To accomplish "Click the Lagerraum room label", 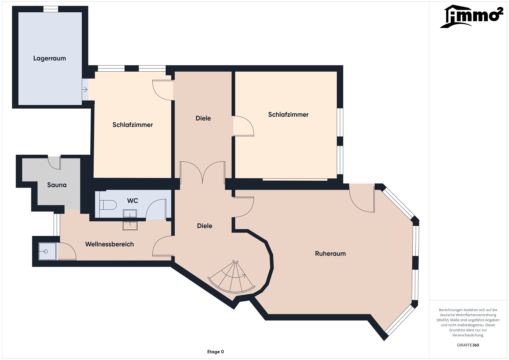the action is (x=50, y=58).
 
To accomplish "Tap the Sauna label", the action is (x=57, y=185).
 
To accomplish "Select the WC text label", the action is (x=132, y=201).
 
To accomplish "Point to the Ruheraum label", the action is (x=330, y=253).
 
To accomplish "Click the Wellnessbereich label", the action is (x=109, y=244).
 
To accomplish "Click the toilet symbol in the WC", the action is (x=108, y=205).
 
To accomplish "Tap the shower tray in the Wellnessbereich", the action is (x=47, y=251).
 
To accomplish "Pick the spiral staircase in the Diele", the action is (x=231, y=277).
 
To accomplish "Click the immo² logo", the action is (x=472, y=16).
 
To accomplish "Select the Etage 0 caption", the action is (x=215, y=352).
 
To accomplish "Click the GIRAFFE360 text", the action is (x=468, y=345).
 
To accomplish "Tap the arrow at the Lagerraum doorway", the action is (x=85, y=90).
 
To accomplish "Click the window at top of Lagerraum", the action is (x=51, y=9).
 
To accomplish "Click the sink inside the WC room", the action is (x=130, y=214).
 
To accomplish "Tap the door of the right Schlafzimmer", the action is (x=243, y=126).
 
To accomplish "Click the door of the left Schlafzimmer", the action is (x=163, y=90).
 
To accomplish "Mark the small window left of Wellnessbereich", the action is (x=57, y=225).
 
